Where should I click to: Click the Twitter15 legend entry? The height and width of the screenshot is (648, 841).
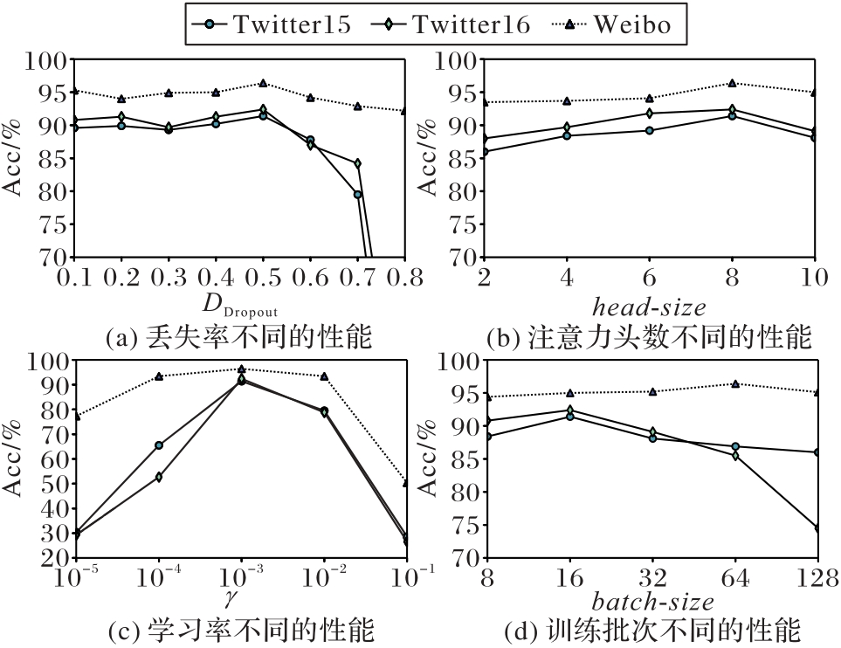[x=272, y=24]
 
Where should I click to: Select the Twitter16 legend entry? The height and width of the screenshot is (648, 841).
[x=451, y=24]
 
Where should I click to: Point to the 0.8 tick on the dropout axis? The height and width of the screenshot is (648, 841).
[x=404, y=279]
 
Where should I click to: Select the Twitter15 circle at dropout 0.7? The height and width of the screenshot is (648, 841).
[x=357, y=195]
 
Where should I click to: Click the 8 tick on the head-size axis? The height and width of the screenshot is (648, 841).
[x=733, y=279]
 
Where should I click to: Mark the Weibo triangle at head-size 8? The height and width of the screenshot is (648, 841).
[x=733, y=84]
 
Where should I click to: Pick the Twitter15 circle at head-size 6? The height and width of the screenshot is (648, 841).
[x=650, y=131]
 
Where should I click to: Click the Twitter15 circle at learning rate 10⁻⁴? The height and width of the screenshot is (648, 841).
[x=159, y=445]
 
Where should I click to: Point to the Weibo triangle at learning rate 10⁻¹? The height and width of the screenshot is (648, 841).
[x=406, y=482]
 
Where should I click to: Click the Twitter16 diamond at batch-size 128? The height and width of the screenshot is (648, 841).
[x=817, y=528]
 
